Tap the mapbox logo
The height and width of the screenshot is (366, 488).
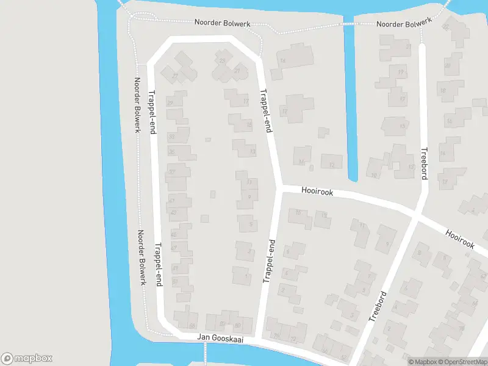(x=27, y=359)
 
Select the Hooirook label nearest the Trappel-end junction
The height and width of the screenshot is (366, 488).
(x=317, y=192)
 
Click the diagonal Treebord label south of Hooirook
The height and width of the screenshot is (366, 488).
(x=379, y=306)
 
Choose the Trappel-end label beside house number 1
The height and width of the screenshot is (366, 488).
(x=269, y=263)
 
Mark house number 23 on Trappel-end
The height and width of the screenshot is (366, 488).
(x=222, y=60)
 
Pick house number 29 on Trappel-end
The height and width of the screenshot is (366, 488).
(x=170, y=104)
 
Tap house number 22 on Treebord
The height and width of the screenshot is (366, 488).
(x=446, y=27)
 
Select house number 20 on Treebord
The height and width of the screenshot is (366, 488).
(x=447, y=66)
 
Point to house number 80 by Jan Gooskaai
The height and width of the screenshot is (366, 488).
(x=238, y=325)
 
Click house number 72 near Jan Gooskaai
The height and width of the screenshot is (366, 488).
(x=293, y=339)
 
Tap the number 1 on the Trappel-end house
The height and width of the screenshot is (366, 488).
(x=246, y=276)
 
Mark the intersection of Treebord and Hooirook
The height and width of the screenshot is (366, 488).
(x=417, y=215)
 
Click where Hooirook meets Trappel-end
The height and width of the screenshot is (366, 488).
(x=278, y=188)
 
